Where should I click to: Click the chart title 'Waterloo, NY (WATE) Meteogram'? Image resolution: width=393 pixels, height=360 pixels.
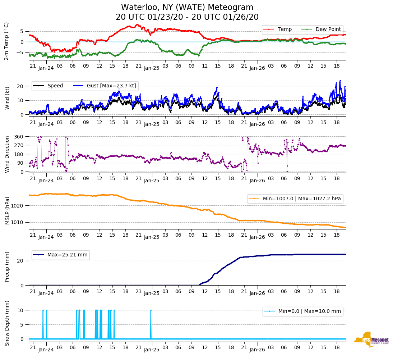(x=187, y=8)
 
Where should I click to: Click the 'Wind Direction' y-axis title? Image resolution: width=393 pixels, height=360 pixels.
(x=7, y=154)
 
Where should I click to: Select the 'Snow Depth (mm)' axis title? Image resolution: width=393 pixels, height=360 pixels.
(x=7, y=323)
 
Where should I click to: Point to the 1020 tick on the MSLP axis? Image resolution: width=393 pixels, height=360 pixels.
(x=18, y=206)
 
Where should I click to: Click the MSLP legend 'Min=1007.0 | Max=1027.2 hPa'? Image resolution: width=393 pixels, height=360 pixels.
(x=295, y=199)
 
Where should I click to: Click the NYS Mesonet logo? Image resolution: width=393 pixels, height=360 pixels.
(x=371, y=340)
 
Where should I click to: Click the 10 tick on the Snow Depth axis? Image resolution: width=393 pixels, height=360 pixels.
(x=21, y=310)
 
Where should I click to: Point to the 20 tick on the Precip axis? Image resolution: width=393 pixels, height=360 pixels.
(x=21, y=261)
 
